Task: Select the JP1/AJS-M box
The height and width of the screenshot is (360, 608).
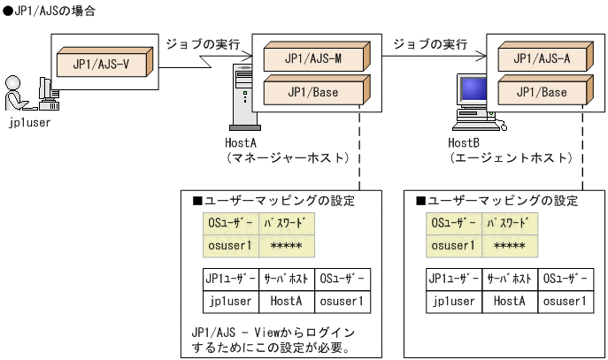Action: coord(313,59)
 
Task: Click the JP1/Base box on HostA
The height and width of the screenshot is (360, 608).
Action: coord(313,91)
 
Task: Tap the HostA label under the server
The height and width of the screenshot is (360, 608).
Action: coord(241,142)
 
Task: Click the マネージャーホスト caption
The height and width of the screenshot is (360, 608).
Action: coord(280,157)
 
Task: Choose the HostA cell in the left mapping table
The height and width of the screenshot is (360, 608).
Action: coord(287,301)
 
